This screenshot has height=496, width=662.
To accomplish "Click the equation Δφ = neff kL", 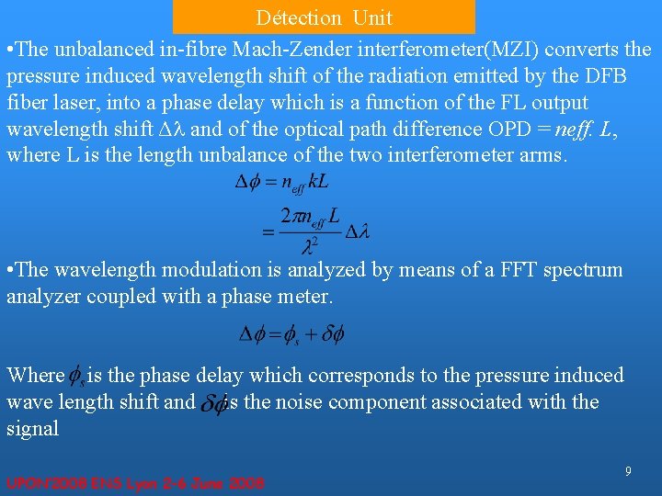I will pyautogui.click(x=282, y=184).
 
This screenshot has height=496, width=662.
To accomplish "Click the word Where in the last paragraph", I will pyautogui.click(x=34, y=376).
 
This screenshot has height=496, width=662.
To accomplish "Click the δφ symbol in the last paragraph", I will pyautogui.click(x=213, y=403).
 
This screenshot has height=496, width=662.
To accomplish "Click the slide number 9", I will pyautogui.click(x=628, y=471).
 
